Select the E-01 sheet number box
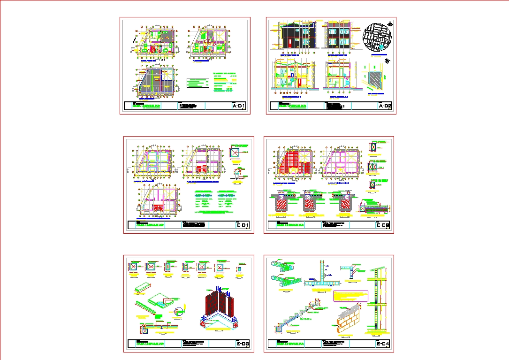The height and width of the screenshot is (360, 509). click(243, 226)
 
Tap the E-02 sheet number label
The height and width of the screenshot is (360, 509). click(383, 226)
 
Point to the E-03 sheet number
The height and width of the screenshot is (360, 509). click(243, 345)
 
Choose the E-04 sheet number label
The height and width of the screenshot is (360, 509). click(383, 345)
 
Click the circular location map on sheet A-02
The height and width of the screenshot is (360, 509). click(378, 36)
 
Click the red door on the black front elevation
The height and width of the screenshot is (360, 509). click(289, 42)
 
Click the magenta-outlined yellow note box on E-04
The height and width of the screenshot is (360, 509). click(350, 296)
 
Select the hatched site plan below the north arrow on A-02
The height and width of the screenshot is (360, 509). click(375, 78)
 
